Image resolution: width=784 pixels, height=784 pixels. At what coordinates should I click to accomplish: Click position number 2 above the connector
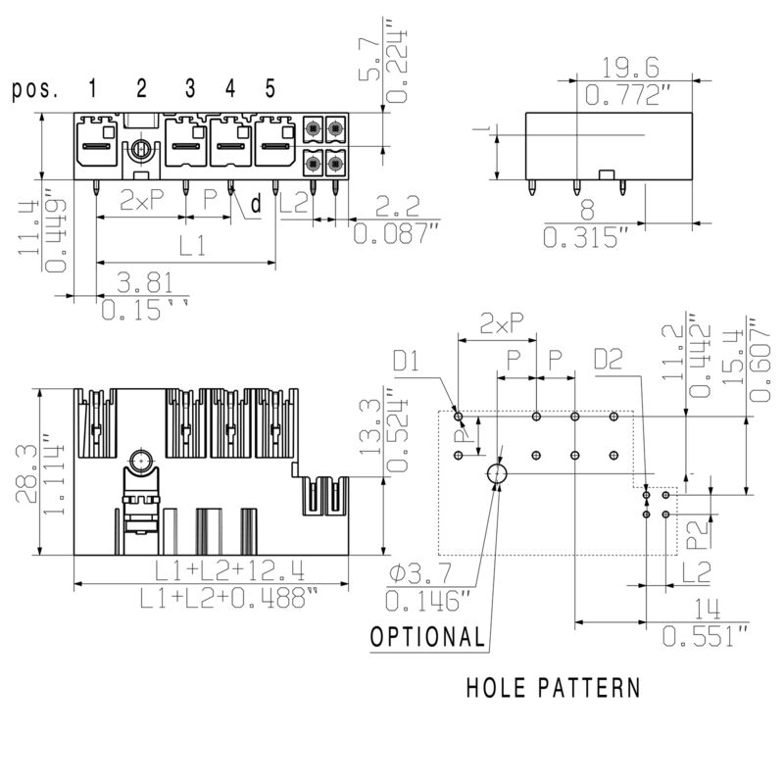coord(141,89)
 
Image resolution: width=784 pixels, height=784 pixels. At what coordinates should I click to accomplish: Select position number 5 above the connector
coord(269,89)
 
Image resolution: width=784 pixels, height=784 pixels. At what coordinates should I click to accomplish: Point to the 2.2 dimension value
coord(399,206)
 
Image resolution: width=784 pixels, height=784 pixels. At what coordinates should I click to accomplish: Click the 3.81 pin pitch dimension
coord(145,283)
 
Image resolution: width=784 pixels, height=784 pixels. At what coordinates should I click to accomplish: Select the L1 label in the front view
coord(192,247)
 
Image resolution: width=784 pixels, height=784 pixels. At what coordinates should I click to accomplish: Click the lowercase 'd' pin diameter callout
coord(256,205)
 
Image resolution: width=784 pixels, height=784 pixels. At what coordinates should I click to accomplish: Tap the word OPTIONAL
coord(427,637)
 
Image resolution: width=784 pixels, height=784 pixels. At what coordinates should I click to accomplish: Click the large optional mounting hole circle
coord(497,474)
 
